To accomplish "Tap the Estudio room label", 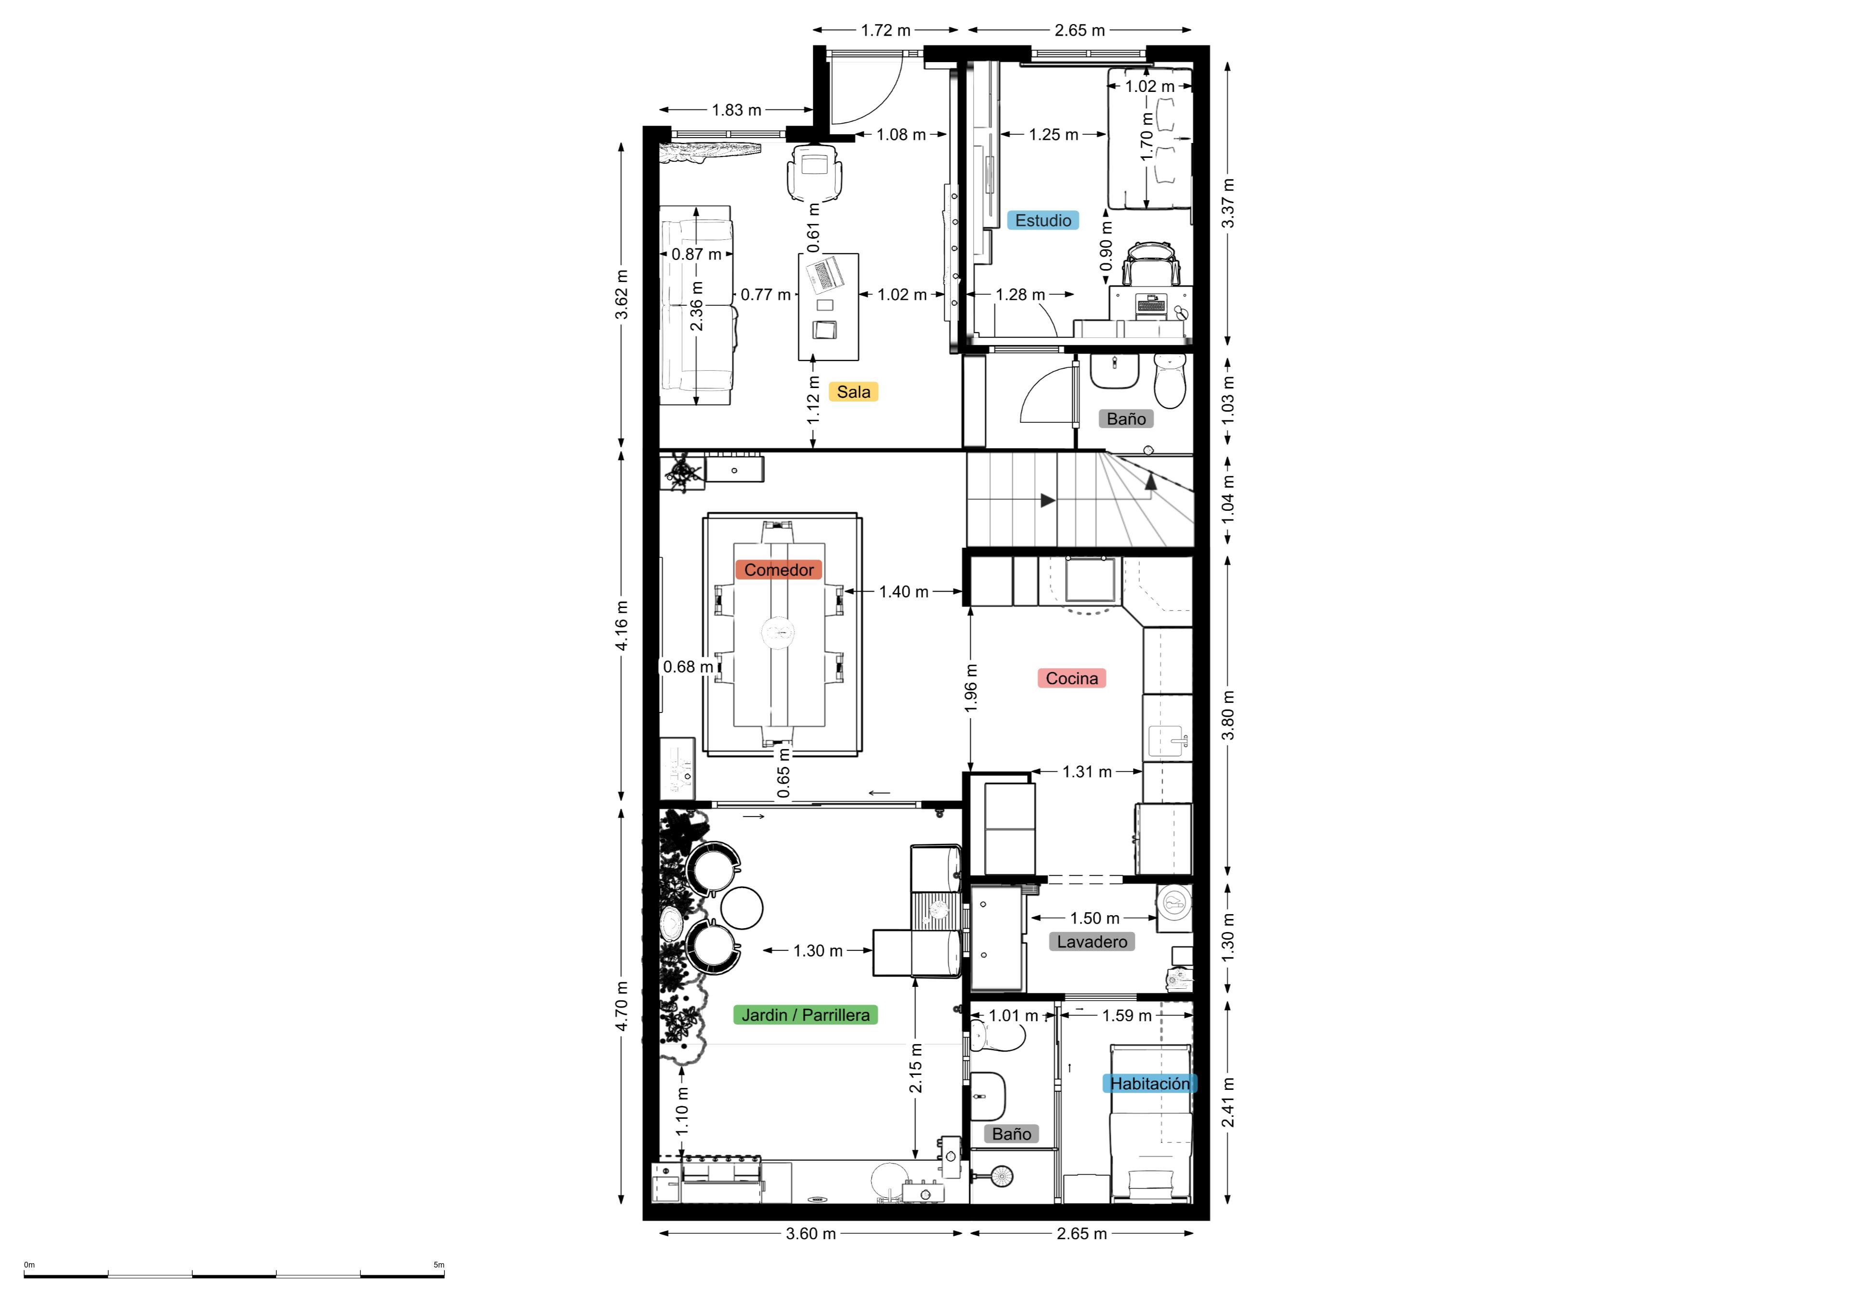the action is (1043, 220).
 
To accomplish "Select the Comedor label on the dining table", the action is (779, 570).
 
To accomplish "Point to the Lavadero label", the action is (1092, 942).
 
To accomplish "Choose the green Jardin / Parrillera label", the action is (805, 1015).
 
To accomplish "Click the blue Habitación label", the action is (1150, 1084).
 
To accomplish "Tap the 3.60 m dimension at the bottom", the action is (811, 1234).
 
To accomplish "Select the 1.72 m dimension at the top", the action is (886, 31).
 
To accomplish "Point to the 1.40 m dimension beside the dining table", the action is (904, 592).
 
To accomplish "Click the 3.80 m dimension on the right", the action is (1228, 715).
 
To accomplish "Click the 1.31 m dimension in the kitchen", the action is (1087, 772).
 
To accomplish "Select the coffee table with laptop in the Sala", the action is (829, 307).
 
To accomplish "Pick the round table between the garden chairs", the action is (741, 907).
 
